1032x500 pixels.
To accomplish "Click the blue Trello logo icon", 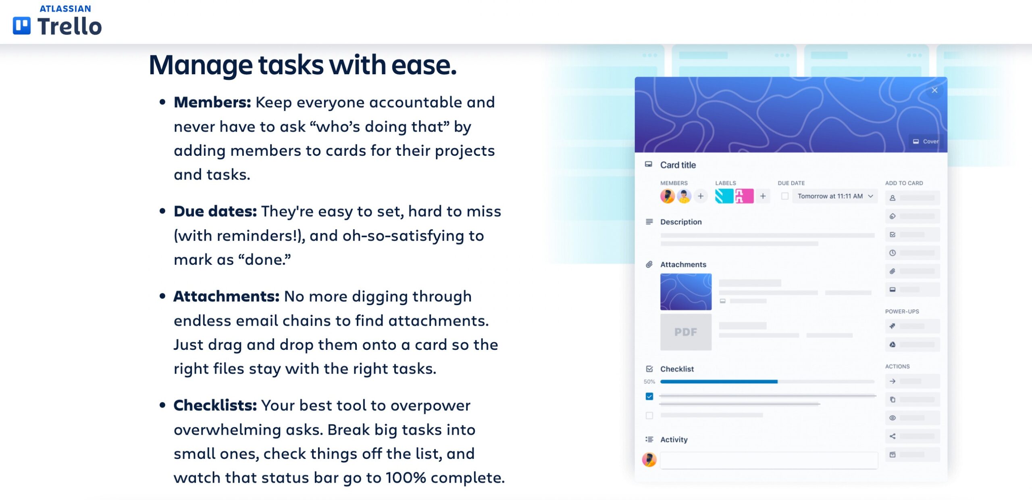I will click(x=22, y=26).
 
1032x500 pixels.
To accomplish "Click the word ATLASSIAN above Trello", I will click(x=65, y=9).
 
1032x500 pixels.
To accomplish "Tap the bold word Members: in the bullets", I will click(x=212, y=103).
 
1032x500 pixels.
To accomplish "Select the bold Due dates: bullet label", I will click(x=215, y=211).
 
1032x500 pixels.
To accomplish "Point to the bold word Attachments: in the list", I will click(x=227, y=297).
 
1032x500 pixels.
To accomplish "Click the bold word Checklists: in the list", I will click(x=215, y=406).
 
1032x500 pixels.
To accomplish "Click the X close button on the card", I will click(x=934, y=90).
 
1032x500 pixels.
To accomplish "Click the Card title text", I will click(x=678, y=165).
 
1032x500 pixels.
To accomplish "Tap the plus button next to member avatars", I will click(x=701, y=196).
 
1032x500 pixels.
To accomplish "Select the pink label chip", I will click(x=744, y=196).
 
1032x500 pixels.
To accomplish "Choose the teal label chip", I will click(x=724, y=196).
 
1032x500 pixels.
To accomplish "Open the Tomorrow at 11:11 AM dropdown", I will click(x=834, y=196).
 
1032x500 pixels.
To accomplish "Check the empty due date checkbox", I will click(x=784, y=196).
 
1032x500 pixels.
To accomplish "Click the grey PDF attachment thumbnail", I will click(x=686, y=332).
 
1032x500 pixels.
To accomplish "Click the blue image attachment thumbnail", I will click(x=686, y=292).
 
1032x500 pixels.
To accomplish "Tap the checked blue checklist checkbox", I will click(x=649, y=396).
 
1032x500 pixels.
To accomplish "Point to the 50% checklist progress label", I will click(x=649, y=382).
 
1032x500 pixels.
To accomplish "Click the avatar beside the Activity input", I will click(x=649, y=460).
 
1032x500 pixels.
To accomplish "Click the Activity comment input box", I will click(x=768, y=460).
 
